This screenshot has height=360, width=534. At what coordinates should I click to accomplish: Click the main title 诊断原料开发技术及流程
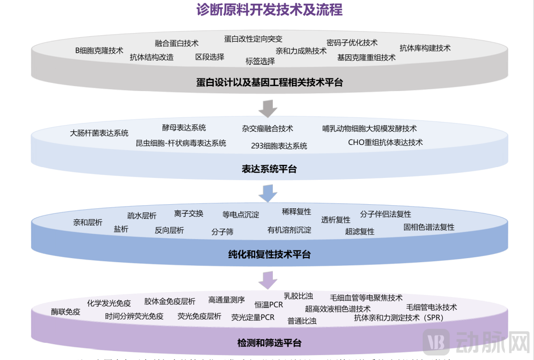[x=269, y=10]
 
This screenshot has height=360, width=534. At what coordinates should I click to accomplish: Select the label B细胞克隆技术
[x=99, y=50]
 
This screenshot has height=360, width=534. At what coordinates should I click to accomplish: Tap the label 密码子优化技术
[x=352, y=43]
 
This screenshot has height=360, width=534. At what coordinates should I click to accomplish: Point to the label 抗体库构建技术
[x=425, y=48]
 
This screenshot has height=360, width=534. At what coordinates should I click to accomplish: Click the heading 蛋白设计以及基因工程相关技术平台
[x=269, y=82]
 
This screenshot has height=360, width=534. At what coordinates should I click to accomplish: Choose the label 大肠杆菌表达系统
[x=99, y=133]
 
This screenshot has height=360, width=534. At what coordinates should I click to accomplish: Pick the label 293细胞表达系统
[x=279, y=146]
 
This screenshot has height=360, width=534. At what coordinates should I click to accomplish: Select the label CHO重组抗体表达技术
[x=385, y=142]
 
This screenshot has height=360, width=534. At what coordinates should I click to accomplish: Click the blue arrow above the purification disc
[x=267, y=193]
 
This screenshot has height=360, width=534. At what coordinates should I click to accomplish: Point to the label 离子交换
[x=189, y=213]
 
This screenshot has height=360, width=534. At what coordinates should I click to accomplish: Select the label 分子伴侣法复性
[x=386, y=214]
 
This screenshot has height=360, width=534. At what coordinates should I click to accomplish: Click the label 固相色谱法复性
[x=429, y=227]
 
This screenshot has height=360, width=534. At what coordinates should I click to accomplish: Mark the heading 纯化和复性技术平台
[x=269, y=254]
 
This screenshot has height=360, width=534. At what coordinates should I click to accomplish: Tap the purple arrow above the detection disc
[x=267, y=280]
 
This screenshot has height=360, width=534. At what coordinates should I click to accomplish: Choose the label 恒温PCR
[x=268, y=305]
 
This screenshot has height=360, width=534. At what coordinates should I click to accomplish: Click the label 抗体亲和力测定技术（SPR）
[x=398, y=318]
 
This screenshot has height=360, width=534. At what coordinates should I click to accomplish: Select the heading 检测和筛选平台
[x=269, y=342]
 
